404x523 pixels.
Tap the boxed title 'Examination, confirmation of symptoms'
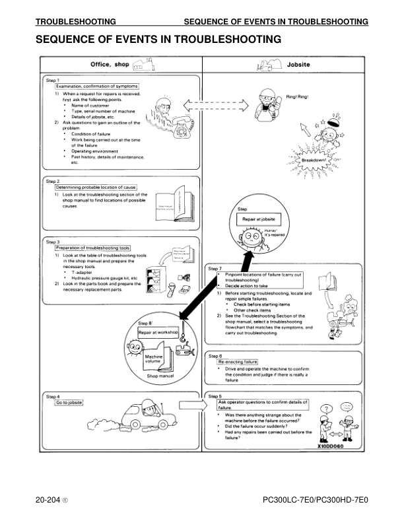coord(97,86)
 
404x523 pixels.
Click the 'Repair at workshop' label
coord(158,332)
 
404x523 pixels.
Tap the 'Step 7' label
coord(215,269)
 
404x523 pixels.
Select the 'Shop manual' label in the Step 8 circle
coord(160,376)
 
